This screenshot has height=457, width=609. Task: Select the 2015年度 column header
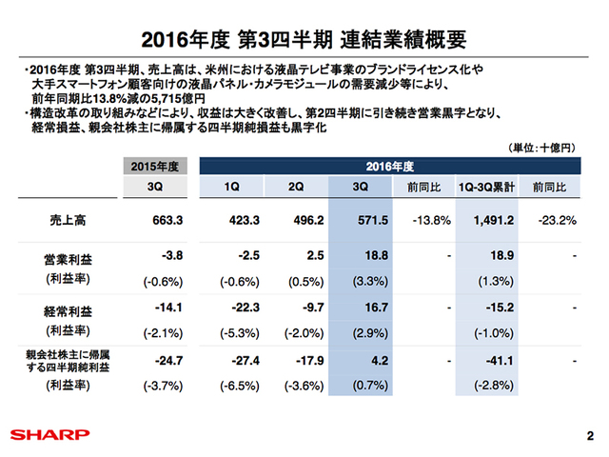point(154,167)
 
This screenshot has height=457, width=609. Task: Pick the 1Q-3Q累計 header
point(486,188)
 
